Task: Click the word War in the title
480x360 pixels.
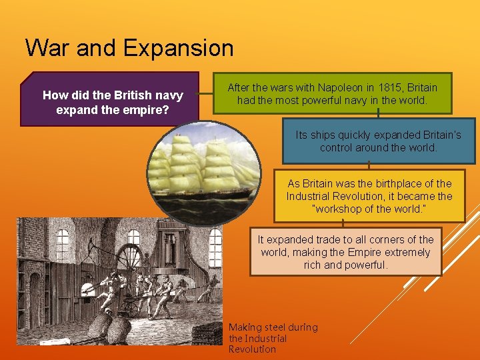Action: point(48,48)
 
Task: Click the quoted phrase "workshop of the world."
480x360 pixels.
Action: point(369,209)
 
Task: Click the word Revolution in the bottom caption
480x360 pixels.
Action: point(252,349)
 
